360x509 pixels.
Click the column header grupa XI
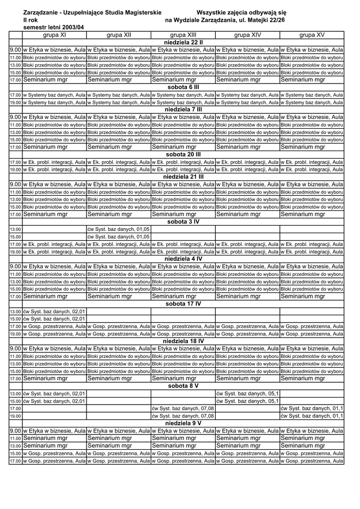coord(54,35)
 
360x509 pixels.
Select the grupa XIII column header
coord(183,35)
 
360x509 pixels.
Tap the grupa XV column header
coord(312,35)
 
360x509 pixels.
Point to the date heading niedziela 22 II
coord(183,42)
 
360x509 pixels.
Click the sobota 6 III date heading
coord(183,87)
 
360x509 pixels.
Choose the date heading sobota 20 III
coord(183,154)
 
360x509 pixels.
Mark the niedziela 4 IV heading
coord(183,258)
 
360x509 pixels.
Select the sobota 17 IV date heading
coord(183,303)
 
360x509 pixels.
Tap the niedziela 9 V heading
coord(183,423)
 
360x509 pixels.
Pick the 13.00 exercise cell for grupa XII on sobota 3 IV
coord(118,229)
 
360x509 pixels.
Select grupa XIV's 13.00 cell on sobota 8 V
coord(247,394)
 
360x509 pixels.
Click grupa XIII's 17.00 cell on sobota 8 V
coord(183,408)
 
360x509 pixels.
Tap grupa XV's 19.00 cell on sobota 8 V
coord(312,416)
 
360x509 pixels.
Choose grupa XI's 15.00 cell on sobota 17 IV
coord(54,319)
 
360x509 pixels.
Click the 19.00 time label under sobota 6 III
coord(15,102)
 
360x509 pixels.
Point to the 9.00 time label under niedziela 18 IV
coord(15,348)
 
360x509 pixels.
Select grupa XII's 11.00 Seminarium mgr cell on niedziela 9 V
coord(118,438)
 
